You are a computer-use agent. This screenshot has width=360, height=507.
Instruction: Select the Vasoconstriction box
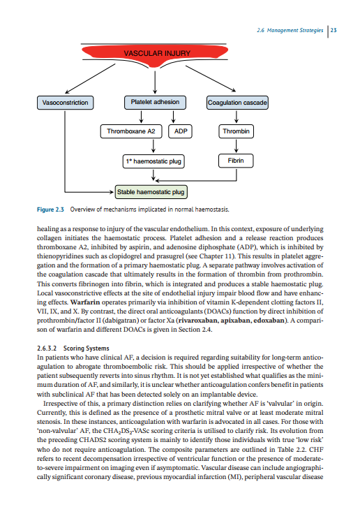tap(66, 103)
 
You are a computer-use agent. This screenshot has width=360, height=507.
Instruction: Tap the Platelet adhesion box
tap(155, 103)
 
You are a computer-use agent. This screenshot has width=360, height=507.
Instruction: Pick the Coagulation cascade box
tap(237, 103)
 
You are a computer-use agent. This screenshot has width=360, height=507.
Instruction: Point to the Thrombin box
tap(237, 131)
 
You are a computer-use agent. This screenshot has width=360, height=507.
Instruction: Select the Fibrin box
tap(237, 161)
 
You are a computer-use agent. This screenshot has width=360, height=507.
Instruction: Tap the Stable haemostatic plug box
tap(150, 191)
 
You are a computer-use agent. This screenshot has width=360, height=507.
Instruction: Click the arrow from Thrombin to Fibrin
tap(237, 146)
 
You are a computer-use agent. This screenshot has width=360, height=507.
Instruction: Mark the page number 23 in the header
tap(333, 30)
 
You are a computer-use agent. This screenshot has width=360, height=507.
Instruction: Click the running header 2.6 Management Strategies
tap(289, 30)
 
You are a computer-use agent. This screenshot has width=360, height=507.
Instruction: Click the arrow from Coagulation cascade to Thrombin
tap(237, 117)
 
